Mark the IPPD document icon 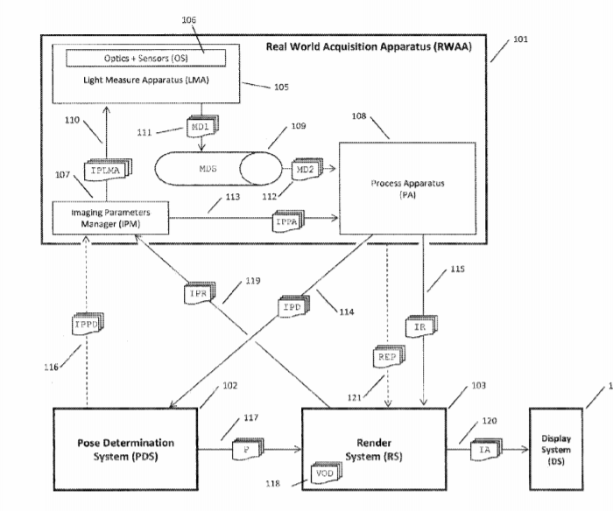click(84, 325)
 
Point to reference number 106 click(188, 19)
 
